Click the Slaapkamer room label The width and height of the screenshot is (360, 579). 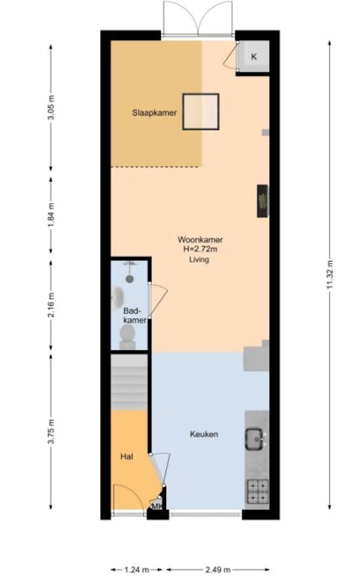[154, 112]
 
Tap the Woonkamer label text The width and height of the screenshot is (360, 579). [200, 240]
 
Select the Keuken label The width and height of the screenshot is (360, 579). [204, 434]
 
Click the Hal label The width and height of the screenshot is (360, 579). [127, 456]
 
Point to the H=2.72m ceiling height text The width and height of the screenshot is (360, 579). [200, 249]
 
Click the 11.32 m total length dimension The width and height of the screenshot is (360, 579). [330, 275]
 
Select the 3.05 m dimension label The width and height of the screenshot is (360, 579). [51, 108]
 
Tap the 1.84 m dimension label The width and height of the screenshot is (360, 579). [51, 214]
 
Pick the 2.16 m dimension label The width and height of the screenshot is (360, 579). [51, 305]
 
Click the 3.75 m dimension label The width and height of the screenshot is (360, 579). [51, 432]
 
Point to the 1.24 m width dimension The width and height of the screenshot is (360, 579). [137, 570]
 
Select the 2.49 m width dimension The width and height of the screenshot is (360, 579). [218, 570]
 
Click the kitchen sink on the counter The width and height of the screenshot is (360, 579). [256, 439]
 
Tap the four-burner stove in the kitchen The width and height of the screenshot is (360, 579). [258, 491]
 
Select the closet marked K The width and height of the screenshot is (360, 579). [254, 57]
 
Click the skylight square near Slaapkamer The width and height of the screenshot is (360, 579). [201, 112]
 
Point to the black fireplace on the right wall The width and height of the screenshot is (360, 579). [263, 201]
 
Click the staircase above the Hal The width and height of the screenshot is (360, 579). [129, 382]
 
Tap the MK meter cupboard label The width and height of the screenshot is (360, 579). [157, 507]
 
